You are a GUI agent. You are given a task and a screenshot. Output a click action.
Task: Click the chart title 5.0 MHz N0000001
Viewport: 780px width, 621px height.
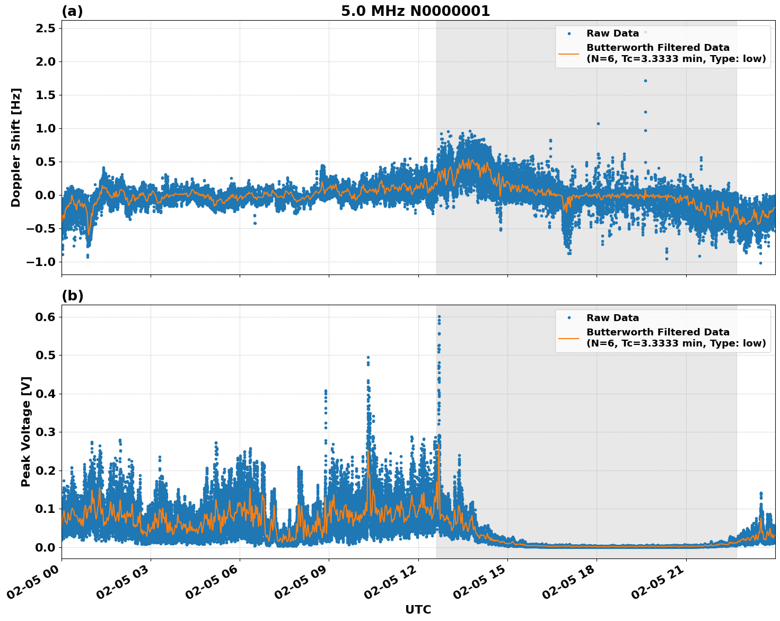point(415,11)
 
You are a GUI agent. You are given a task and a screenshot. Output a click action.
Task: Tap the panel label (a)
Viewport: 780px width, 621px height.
point(72,11)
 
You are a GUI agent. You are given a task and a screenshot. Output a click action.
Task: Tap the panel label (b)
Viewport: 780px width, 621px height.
point(72,296)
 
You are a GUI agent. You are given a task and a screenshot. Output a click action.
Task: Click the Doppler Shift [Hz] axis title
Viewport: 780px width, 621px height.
point(16,147)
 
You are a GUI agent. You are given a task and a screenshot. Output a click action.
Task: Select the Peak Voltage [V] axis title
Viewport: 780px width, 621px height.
point(26,431)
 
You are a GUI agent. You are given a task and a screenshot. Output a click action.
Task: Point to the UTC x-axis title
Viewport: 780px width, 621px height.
point(418,609)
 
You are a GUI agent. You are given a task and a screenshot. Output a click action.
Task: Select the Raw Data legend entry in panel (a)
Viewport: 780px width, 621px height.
point(612,33)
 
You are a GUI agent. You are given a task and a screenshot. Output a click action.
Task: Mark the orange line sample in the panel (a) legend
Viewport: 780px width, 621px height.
point(568,53)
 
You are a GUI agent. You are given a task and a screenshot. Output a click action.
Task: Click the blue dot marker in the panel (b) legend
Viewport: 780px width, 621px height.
point(568,318)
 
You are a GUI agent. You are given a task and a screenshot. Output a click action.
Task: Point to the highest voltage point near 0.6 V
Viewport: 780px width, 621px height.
point(439,317)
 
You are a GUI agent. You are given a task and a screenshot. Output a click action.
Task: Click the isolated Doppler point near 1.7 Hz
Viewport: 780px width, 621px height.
point(645,81)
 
